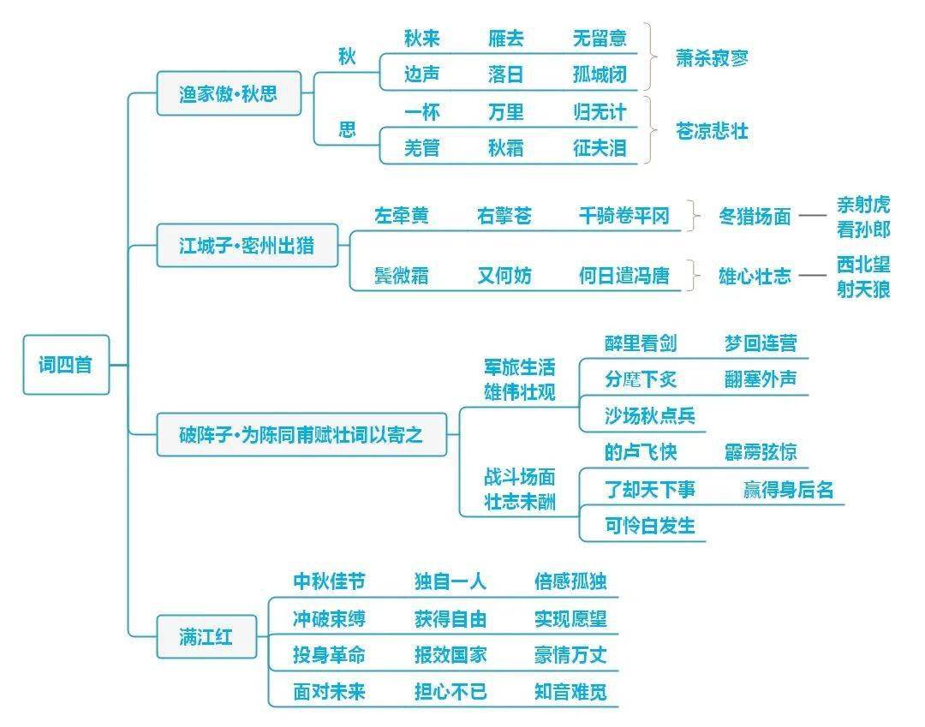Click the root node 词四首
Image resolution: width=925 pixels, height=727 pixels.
[x=66, y=365]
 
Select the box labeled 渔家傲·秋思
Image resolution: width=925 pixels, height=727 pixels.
[x=229, y=93]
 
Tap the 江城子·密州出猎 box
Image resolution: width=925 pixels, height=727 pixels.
[x=247, y=247]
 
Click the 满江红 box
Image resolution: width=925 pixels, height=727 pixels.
[x=206, y=637]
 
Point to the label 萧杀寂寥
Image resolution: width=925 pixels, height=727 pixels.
[x=713, y=57]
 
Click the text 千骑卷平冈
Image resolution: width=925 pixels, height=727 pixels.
[x=624, y=217]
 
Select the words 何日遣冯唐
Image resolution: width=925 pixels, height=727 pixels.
[x=624, y=276]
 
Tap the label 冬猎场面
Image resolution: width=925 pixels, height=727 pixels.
[x=755, y=217]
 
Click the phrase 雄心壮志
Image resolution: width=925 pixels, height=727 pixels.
[x=755, y=276]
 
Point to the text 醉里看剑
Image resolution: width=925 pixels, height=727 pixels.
[x=640, y=343]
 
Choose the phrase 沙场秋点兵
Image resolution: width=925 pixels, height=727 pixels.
[x=650, y=416]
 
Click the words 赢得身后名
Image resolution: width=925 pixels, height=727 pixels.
[x=788, y=490]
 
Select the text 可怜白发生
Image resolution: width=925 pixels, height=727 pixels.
[x=650, y=526]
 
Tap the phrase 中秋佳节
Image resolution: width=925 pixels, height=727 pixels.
[x=329, y=582]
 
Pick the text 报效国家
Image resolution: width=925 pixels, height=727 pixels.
[x=451, y=655]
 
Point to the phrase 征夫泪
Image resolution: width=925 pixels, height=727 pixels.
[x=600, y=148]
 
